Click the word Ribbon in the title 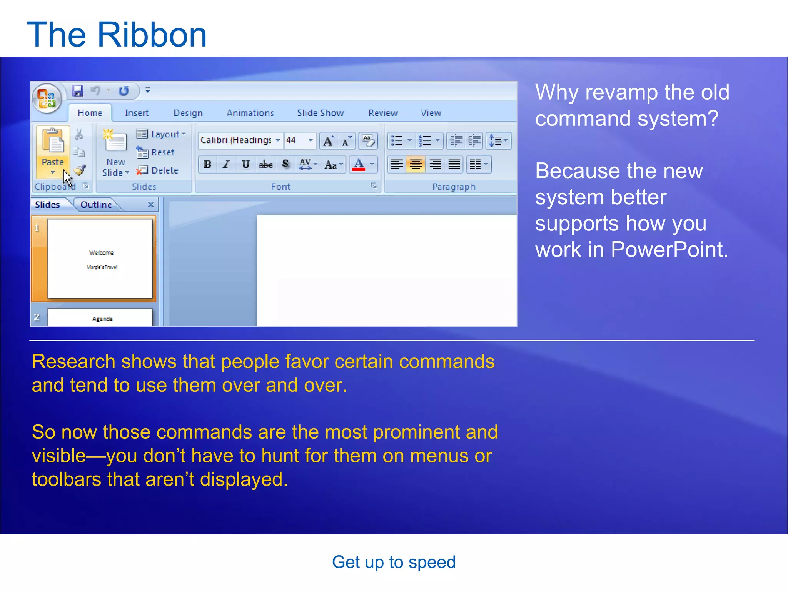click(152, 35)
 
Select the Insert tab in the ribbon click(136, 113)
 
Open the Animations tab click(250, 113)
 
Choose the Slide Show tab click(320, 113)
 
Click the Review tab click(383, 113)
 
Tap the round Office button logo click(47, 98)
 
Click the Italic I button click(226, 165)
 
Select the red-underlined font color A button click(359, 165)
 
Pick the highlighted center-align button click(416, 165)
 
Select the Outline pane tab click(96, 205)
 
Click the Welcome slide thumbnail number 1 click(100, 259)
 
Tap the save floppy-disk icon click(78, 91)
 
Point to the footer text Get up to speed click(394, 562)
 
